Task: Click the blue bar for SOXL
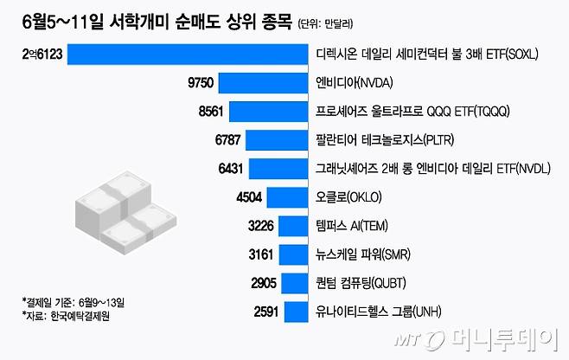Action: pyautogui.click(x=188, y=55)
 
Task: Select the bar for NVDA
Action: pyautogui.click(x=264, y=83)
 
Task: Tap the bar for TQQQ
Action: pyautogui.click(x=270, y=112)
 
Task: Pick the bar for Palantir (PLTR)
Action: pyautogui.click(x=278, y=140)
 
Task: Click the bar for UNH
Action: pyautogui.click(x=296, y=312)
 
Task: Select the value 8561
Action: pyautogui.click(x=211, y=112)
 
